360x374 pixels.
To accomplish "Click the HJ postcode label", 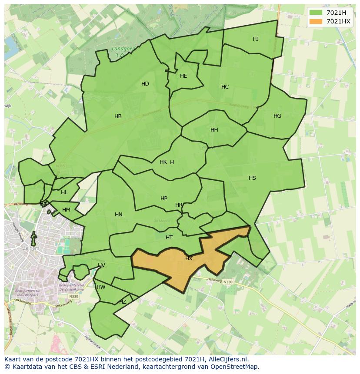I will pos(256,39).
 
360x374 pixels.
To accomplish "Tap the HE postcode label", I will pos(183,76).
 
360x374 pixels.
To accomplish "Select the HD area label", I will pos(145,84).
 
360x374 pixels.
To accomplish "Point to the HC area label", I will pos(225,87).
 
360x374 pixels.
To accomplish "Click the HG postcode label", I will pos(277,116).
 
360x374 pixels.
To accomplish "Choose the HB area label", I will pos(118,116).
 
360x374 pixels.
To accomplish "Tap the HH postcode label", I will pos(214,130).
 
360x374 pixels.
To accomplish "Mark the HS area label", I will pos(252,178).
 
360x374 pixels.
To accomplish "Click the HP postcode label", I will pos(164,199).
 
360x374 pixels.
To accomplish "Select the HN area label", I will pos(119,215).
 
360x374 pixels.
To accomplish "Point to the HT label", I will pos(169,238).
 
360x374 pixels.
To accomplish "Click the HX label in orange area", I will pos(189,258).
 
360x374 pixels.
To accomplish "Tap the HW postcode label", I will pos(101,287).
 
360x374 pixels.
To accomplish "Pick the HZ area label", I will pos(123,302).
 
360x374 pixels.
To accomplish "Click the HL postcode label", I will pos(64,192).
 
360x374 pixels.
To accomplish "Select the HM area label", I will pos(66,210).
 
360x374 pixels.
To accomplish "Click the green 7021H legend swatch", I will pos(315,13).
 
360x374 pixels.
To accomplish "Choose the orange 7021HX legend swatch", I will pos(315,21).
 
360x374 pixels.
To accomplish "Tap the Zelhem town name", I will pos(30,248).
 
